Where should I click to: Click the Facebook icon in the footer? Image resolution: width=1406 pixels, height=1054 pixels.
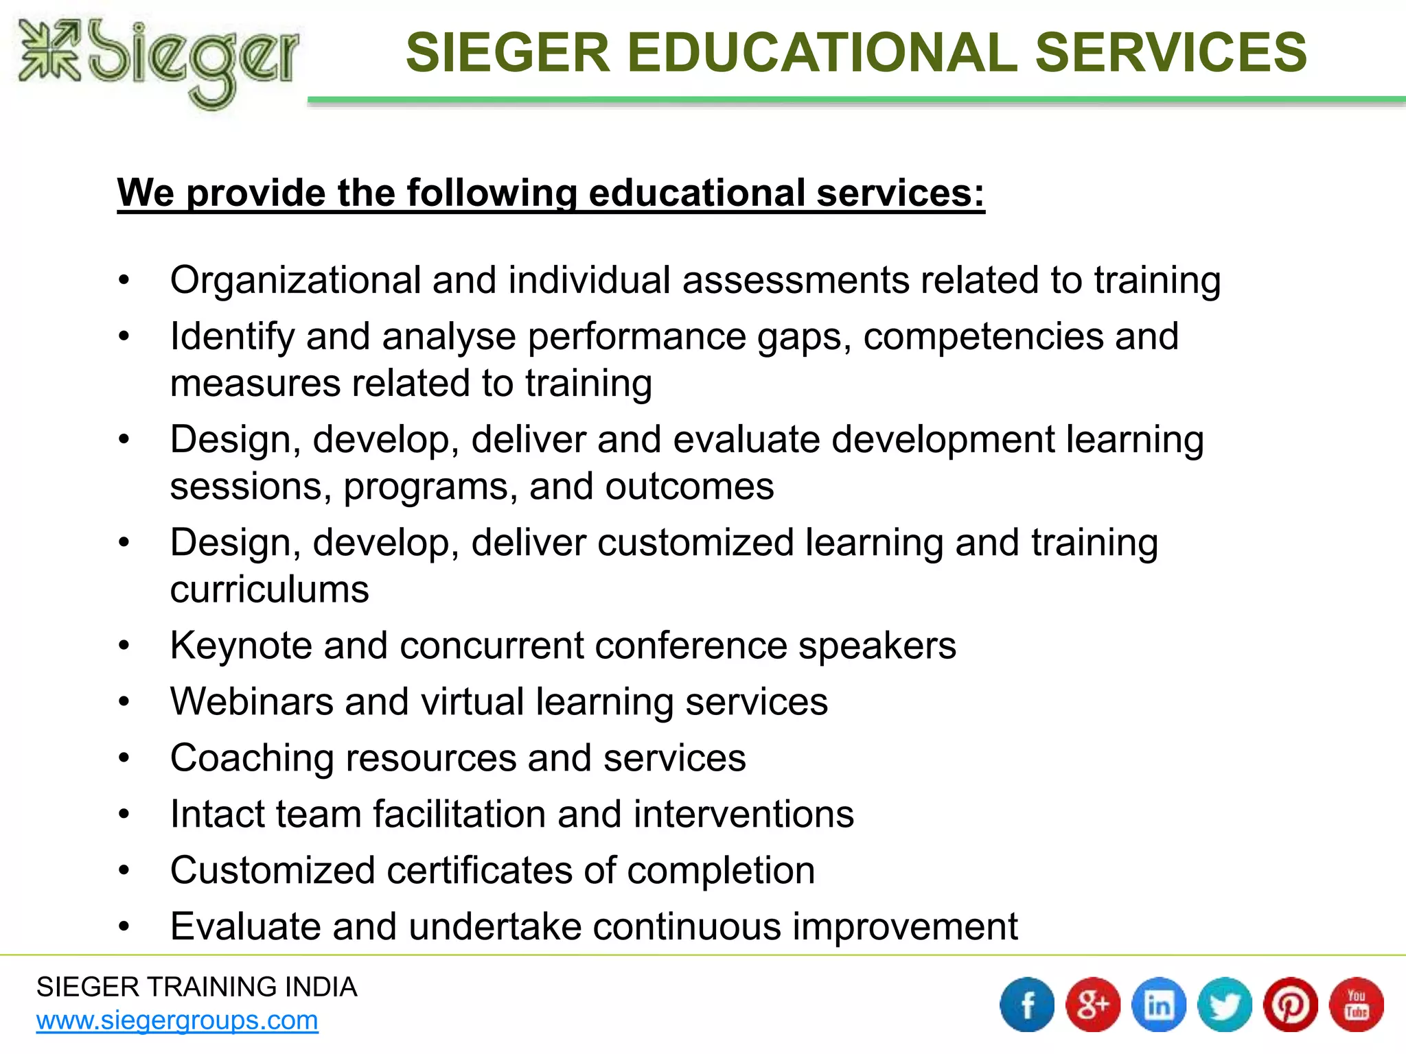pos(1027,1005)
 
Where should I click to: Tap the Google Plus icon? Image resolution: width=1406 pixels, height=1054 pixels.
pos(1093,1005)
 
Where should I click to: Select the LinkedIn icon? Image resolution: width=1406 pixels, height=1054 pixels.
pos(1159,1005)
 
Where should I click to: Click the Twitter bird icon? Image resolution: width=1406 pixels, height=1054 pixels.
pos(1225,1005)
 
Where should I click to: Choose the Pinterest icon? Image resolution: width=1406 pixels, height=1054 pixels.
pos(1291,1005)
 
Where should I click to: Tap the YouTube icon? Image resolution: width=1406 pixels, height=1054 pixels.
pos(1357,1005)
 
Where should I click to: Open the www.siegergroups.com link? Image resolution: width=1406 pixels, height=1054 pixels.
pos(177,1020)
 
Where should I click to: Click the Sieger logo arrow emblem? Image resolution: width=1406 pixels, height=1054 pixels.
pos(49,49)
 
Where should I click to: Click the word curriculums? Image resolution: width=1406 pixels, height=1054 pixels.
pos(269,589)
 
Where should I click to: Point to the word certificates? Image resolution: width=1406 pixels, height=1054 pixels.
pos(479,871)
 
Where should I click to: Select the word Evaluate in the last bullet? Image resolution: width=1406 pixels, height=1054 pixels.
pos(245,926)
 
